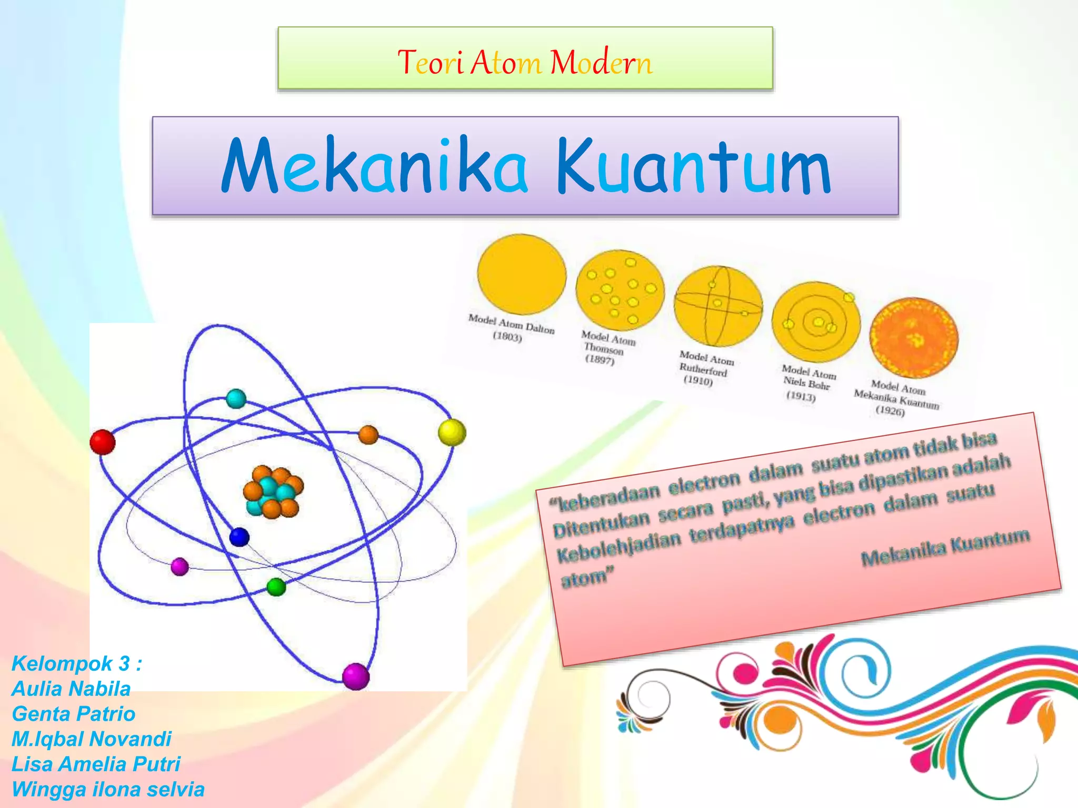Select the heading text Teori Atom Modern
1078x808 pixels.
[x=525, y=62]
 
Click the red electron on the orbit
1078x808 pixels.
[x=103, y=442]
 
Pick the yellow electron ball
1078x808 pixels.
[x=452, y=432]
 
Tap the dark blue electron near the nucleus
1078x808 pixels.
[x=239, y=537]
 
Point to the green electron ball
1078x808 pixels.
[x=276, y=587]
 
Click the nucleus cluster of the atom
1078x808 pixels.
[x=273, y=491]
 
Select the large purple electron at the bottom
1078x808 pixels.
[x=356, y=676]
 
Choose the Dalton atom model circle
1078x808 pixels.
[x=521, y=274]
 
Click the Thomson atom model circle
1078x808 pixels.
[x=620, y=290]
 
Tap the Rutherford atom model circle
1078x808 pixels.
[x=718, y=306]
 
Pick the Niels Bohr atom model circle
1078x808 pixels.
[x=816, y=322]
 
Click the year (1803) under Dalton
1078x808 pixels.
[x=507, y=337]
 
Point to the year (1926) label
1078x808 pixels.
[x=890, y=411]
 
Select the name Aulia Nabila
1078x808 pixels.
[x=71, y=689]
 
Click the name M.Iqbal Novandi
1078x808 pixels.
[x=92, y=739]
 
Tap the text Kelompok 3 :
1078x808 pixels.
[x=76, y=664]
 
